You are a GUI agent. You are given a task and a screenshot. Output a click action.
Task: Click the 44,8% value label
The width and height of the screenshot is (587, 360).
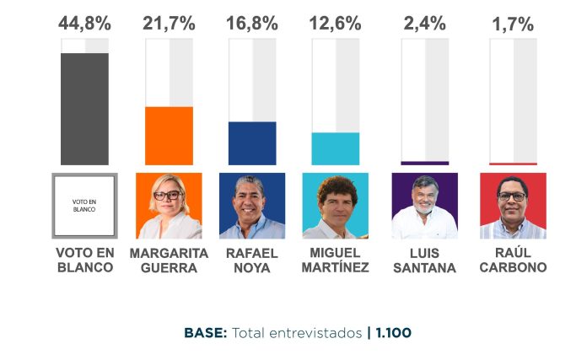[x=83, y=23]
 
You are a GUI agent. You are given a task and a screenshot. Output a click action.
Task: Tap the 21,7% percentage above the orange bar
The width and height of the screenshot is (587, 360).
[x=170, y=23]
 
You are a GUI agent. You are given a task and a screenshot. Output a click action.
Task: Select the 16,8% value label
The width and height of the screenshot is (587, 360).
[x=252, y=23]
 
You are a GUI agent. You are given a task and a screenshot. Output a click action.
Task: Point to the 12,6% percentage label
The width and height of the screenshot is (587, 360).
[x=335, y=23]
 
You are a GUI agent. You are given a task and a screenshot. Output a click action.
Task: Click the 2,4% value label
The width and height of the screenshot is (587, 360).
[x=424, y=23]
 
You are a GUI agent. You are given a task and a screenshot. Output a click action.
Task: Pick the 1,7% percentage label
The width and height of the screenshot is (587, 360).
[x=513, y=24]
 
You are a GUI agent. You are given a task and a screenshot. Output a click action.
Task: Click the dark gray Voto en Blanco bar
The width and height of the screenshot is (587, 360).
[x=84, y=109]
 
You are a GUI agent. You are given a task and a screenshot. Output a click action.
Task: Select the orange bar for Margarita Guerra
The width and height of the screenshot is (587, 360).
[x=170, y=136]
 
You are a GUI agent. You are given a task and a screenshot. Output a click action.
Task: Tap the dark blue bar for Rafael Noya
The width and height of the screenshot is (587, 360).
[x=252, y=143]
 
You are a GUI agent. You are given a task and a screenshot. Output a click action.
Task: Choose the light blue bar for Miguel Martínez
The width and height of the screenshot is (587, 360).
[x=335, y=148]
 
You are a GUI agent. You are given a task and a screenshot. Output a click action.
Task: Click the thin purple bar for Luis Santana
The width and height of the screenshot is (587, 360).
[x=424, y=163]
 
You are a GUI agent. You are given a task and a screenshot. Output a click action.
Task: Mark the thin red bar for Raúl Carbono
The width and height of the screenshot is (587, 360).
[x=513, y=164]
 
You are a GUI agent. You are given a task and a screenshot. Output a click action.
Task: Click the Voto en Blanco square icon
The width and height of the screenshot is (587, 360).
[x=84, y=206]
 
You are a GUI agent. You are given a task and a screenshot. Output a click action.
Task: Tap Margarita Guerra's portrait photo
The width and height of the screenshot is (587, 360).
[x=169, y=206]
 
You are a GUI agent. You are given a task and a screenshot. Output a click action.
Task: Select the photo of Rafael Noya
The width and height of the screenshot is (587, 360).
[x=251, y=206]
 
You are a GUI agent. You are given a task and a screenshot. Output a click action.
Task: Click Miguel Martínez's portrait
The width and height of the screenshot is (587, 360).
[x=335, y=206]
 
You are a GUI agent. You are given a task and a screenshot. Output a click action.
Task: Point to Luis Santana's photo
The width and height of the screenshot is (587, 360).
[x=424, y=206]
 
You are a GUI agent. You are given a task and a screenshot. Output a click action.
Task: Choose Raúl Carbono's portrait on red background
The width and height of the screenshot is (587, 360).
[x=513, y=206]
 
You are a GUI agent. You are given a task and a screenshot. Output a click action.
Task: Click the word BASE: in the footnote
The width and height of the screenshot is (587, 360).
[x=206, y=333]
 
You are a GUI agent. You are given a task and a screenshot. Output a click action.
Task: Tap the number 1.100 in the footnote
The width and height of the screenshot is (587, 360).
[x=393, y=333]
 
